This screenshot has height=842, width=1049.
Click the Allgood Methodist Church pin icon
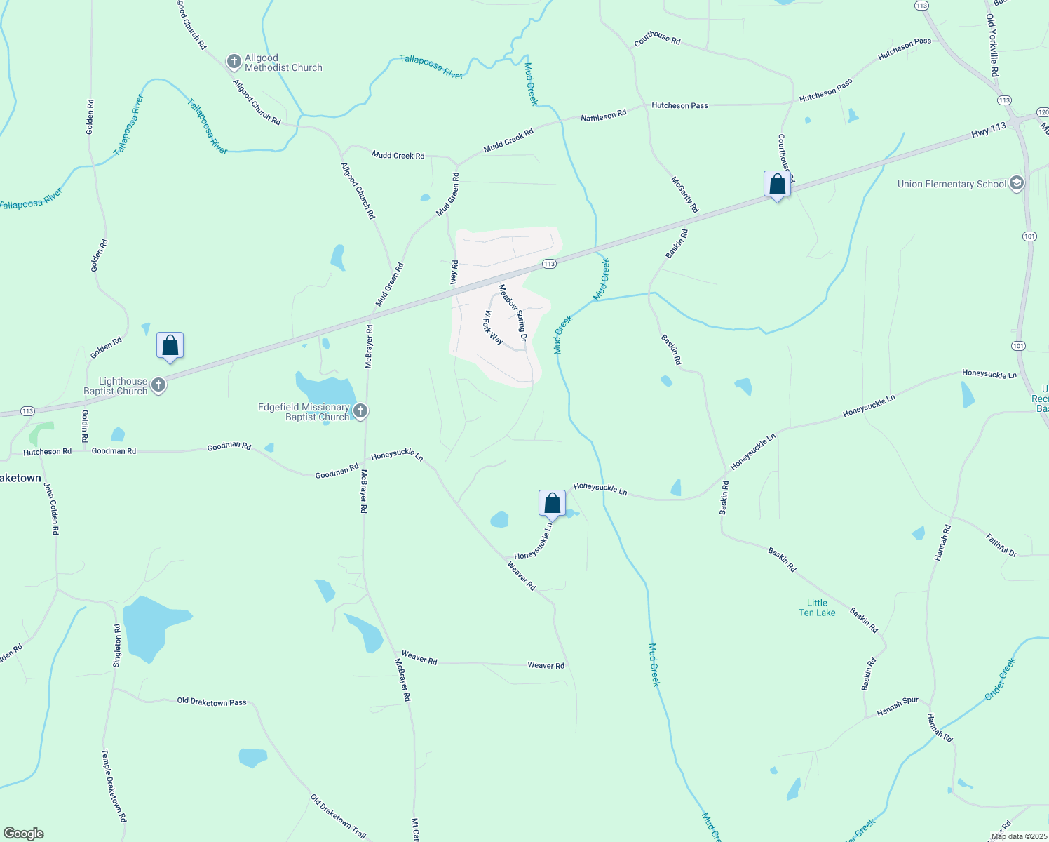click(234, 62)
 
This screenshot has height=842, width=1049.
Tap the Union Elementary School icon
click(1017, 184)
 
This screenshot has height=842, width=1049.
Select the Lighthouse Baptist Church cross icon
click(158, 385)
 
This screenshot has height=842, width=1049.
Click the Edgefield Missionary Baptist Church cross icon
click(360, 411)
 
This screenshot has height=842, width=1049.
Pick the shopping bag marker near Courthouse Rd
click(777, 185)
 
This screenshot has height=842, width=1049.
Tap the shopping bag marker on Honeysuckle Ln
click(552, 503)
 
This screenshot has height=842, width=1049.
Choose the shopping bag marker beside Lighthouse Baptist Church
click(170, 345)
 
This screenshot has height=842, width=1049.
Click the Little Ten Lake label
click(817, 608)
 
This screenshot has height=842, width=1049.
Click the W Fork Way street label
click(494, 327)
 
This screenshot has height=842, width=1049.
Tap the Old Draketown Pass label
click(212, 702)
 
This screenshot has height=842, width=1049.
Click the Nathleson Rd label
click(603, 115)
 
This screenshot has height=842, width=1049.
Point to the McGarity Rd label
click(685, 194)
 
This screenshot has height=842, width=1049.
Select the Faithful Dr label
click(1001, 546)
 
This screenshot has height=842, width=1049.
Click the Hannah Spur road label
click(898, 707)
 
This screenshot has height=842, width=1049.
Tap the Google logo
click(24, 834)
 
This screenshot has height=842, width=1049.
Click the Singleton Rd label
click(118, 646)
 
